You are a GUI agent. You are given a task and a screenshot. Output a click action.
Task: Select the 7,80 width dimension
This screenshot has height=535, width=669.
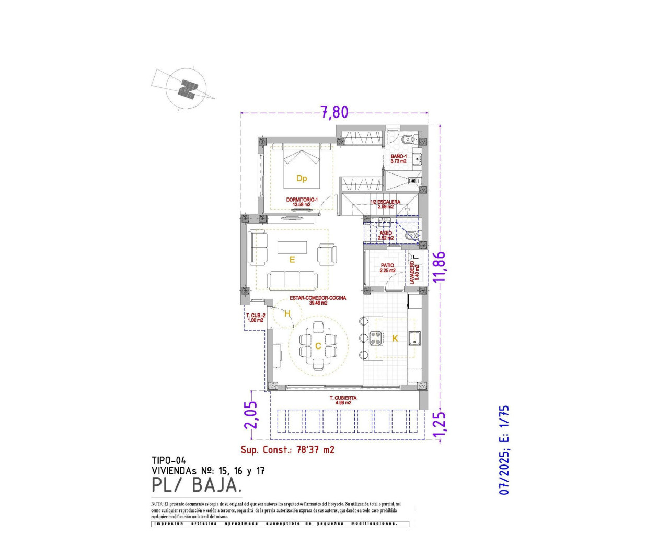[334, 112]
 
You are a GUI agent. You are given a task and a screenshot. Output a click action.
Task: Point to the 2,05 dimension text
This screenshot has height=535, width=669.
[251, 414]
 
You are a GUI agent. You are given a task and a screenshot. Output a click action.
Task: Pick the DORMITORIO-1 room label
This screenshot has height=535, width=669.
[302, 202]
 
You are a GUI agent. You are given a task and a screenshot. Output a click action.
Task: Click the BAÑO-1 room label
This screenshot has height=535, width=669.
[398, 159]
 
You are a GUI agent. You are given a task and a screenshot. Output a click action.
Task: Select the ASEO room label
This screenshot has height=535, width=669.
[386, 236]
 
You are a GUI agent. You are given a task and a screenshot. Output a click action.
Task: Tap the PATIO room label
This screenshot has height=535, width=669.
[387, 268]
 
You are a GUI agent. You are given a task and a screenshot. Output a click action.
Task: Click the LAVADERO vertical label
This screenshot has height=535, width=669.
[414, 272]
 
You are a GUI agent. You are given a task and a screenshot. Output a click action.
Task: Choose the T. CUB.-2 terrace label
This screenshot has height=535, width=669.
[256, 318]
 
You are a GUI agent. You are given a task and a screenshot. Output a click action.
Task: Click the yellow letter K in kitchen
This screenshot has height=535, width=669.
[395, 339]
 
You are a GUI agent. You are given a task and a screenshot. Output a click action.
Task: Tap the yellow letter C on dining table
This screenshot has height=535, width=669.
[318, 346]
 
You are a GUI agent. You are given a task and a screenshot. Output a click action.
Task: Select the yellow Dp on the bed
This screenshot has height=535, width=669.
[302, 178]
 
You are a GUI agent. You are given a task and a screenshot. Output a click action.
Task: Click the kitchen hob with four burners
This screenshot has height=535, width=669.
[375, 338]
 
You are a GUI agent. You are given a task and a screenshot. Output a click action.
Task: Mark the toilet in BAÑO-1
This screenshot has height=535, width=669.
[407, 139]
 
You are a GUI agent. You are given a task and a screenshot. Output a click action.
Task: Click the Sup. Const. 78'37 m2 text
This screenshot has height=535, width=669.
[287, 450]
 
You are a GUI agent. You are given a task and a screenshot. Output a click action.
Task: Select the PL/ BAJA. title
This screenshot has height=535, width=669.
[197, 485]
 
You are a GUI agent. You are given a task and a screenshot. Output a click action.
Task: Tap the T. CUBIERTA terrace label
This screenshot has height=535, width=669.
[343, 400]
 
